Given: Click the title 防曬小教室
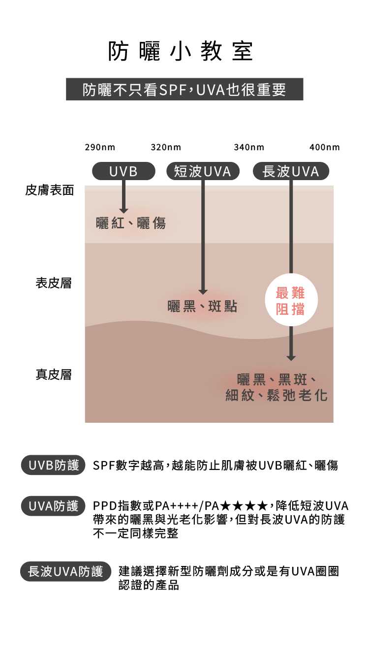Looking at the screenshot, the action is click(x=181, y=52).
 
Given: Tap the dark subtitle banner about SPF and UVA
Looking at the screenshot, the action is click(x=184, y=89).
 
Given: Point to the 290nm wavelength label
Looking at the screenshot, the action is click(x=100, y=147).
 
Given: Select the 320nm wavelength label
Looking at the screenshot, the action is click(x=166, y=147).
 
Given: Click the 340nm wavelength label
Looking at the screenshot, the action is click(x=249, y=147).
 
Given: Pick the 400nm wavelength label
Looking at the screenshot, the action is click(x=325, y=147).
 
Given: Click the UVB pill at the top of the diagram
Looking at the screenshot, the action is click(x=123, y=171).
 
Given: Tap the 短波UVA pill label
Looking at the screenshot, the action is click(x=203, y=171).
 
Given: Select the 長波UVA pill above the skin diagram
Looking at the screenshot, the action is click(x=291, y=171).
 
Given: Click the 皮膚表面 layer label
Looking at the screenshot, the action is click(x=50, y=190).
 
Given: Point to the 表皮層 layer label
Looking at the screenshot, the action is click(x=54, y=283).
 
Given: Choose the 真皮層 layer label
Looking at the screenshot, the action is click(x=54, y=375).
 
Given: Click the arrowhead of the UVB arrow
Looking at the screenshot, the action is click(x=123, y=210).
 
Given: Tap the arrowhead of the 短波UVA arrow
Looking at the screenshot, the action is click(x=203, y=292).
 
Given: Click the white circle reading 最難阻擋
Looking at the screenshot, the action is click(x=290, y=300).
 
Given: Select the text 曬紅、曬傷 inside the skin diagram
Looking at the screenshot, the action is click(x=131, y=223).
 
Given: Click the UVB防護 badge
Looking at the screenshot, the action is click(x=53, y=466).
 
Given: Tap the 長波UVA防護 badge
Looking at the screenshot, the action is click(x=65, y=571).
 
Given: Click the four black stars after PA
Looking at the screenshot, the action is click(x=245, y=506).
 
